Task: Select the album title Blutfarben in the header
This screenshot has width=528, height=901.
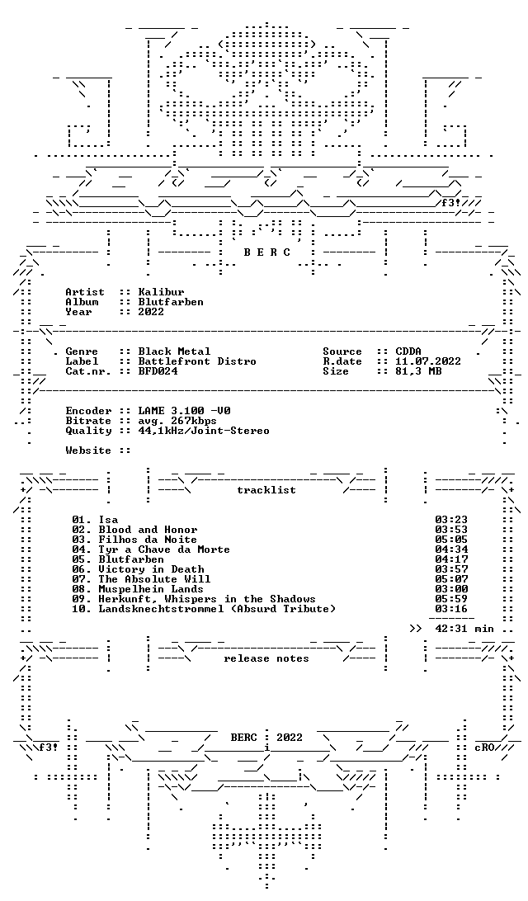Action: coord(171,302)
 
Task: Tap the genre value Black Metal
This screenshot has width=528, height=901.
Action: coord(174,351)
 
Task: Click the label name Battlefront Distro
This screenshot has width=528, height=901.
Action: coord(197,361)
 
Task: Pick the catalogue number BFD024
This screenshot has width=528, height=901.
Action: coord(158,371)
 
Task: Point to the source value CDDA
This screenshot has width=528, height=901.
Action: coord(408,351)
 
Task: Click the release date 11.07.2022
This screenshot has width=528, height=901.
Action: coord(428,361)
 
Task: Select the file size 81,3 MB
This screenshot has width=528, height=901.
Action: coord(418,371)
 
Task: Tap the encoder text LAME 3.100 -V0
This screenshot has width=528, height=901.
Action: coord(184,411)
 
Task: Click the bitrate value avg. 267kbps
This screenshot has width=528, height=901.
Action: coord(177,421)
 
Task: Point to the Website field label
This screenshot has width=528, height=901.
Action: coord(88,450)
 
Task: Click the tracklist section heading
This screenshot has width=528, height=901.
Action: coord(266,490)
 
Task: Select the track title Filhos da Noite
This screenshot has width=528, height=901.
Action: coord(148,540)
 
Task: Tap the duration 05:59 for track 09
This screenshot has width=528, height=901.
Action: coord(451,599)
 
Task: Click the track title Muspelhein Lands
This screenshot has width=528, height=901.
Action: coord(150,589)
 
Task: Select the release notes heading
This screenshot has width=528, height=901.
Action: coord(266,658)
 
